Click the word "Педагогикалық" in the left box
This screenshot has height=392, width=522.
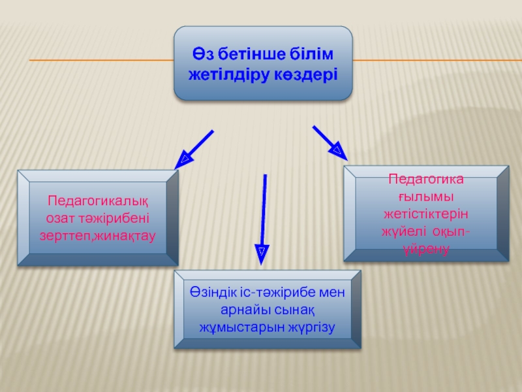point(97,200)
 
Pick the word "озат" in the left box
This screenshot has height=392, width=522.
point(61,216)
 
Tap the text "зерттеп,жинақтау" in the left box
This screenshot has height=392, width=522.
point(97,233)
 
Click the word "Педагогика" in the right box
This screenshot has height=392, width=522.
point(426,178)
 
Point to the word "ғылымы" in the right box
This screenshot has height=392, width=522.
point(426,196)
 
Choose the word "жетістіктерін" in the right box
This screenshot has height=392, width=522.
point(426,213)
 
